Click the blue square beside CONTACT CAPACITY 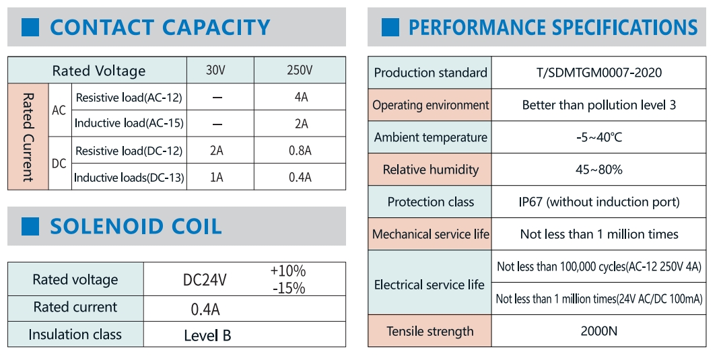(x=31, y=28)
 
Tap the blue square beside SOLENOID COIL (x=31, y=227)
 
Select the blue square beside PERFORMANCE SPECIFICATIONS (x=390, y=28)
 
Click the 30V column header (x=217, y=71)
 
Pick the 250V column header (x=300, y=71)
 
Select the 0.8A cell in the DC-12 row (x=300, y=151)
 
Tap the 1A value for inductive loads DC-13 (x=217, y=178)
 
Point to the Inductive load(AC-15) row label (x=129, y=124)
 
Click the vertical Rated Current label (x=28, y=137)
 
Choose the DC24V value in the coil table (x=205, y=280)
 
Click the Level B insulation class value (x=207, y=335)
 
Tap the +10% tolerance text (x=287, y=271)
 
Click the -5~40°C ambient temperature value (x=598, y=137)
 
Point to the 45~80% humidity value (x=598, y=170)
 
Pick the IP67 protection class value (x=598, y=202)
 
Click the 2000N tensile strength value (x=598, y=331)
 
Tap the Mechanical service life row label (x=431, y=234)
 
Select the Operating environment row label (x=431, y=105)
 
